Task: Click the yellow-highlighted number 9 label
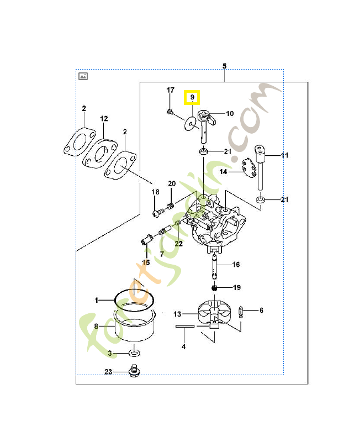(193, 98)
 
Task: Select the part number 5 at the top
(224, 66)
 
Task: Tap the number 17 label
(171, 90)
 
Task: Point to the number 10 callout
(229, 114)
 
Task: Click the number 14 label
(223, 172)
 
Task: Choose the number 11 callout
(284, 156)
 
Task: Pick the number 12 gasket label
(104, 119)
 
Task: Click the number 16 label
(236, 265)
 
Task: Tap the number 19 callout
(236, 288)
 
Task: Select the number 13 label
(177, 314)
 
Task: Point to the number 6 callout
(261, 311)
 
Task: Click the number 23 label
(108, 372)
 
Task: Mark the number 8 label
(96, 327)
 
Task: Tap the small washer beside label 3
(134, 352)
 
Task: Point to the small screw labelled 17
(169, 112)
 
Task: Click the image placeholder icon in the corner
(83, 76)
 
